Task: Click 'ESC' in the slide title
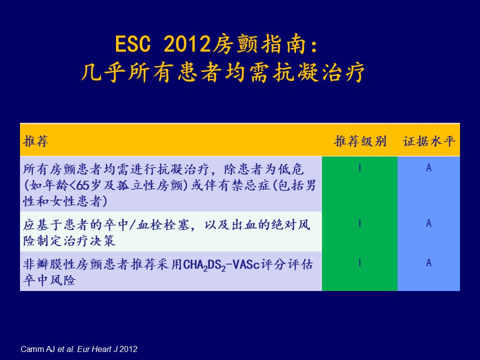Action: pos(133,44)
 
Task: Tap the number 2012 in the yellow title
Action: pos(187,44)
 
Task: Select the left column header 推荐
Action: pos(36,141)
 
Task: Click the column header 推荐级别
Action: pos(360,141)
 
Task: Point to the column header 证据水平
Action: pos(429,141)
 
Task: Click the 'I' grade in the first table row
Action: pos(359,167)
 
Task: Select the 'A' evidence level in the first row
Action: pos(429,167)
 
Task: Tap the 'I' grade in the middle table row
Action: pos(359,223)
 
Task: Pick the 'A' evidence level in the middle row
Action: pos(429,223)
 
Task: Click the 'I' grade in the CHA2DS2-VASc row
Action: pos(359,262)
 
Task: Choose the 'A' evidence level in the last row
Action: pos(429,262)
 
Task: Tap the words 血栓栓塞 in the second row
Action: pos(163,225)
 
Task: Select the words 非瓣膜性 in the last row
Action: pos(49,264)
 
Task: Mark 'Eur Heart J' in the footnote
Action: pos(97,349)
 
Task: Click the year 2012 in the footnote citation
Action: pos(128,349)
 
